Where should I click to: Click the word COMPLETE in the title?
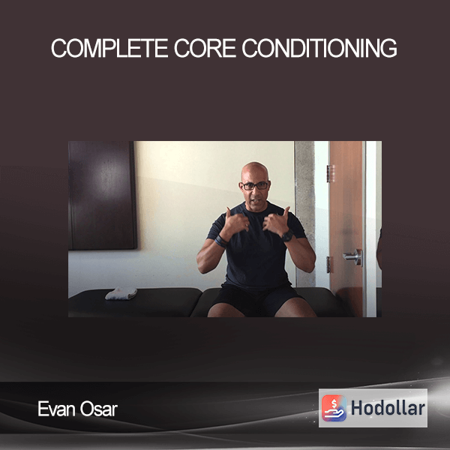[x=109, y=49]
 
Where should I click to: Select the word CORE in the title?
[x=205, y=49]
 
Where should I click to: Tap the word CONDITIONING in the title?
[x=319, y=49]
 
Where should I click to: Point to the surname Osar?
[x=99, y=409]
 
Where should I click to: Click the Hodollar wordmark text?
[x=388, y=408]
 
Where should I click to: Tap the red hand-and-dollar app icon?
[x=334, y=408]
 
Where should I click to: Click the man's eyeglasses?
[x=255, y=186]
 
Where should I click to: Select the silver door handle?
[x=353, y=256]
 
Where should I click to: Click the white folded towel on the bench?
[x=121, y=293]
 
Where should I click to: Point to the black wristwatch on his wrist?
[x=287, y=236]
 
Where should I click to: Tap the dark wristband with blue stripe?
[x=220, y=241]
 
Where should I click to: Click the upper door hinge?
[x=331, y=173]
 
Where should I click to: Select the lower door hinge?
[x=329, y=264]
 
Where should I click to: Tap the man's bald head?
[x=254, y=171]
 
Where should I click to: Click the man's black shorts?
[x=256, y=298]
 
